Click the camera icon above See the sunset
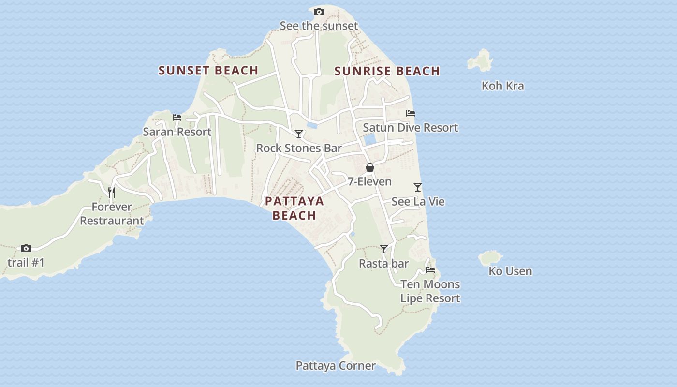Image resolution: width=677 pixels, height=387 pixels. [319, 12]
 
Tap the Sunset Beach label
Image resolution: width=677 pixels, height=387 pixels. [208, 71]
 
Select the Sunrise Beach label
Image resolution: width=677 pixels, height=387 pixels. [387, 71]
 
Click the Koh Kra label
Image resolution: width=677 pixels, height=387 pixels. [502, 86]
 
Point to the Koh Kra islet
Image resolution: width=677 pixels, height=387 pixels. [480, 60]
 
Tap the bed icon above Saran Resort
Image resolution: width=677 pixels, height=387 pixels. [177, 118]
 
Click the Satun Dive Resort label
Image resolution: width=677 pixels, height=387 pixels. [410, 128]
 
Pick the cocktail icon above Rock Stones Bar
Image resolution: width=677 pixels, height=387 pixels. [299, 134]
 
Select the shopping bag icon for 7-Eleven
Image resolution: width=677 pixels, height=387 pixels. [370, 168]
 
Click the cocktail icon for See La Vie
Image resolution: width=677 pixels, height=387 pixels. [418, 187]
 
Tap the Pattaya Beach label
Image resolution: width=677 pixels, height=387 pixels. [294, 208]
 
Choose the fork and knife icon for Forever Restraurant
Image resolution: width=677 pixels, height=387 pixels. [112, 193]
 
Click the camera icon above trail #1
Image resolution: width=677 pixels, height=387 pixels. [26, 249]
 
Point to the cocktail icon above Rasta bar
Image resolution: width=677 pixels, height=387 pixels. [384, 249]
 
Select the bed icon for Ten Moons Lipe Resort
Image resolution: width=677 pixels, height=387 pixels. [430, 270]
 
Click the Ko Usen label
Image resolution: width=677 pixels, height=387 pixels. [510, 271]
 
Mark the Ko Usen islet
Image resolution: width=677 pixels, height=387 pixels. [490, 258]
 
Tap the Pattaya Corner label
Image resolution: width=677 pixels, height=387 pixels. [336, 366]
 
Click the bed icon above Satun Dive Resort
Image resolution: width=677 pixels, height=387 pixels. [411, 113]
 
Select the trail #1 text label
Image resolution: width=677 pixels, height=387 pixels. [26, 263]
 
